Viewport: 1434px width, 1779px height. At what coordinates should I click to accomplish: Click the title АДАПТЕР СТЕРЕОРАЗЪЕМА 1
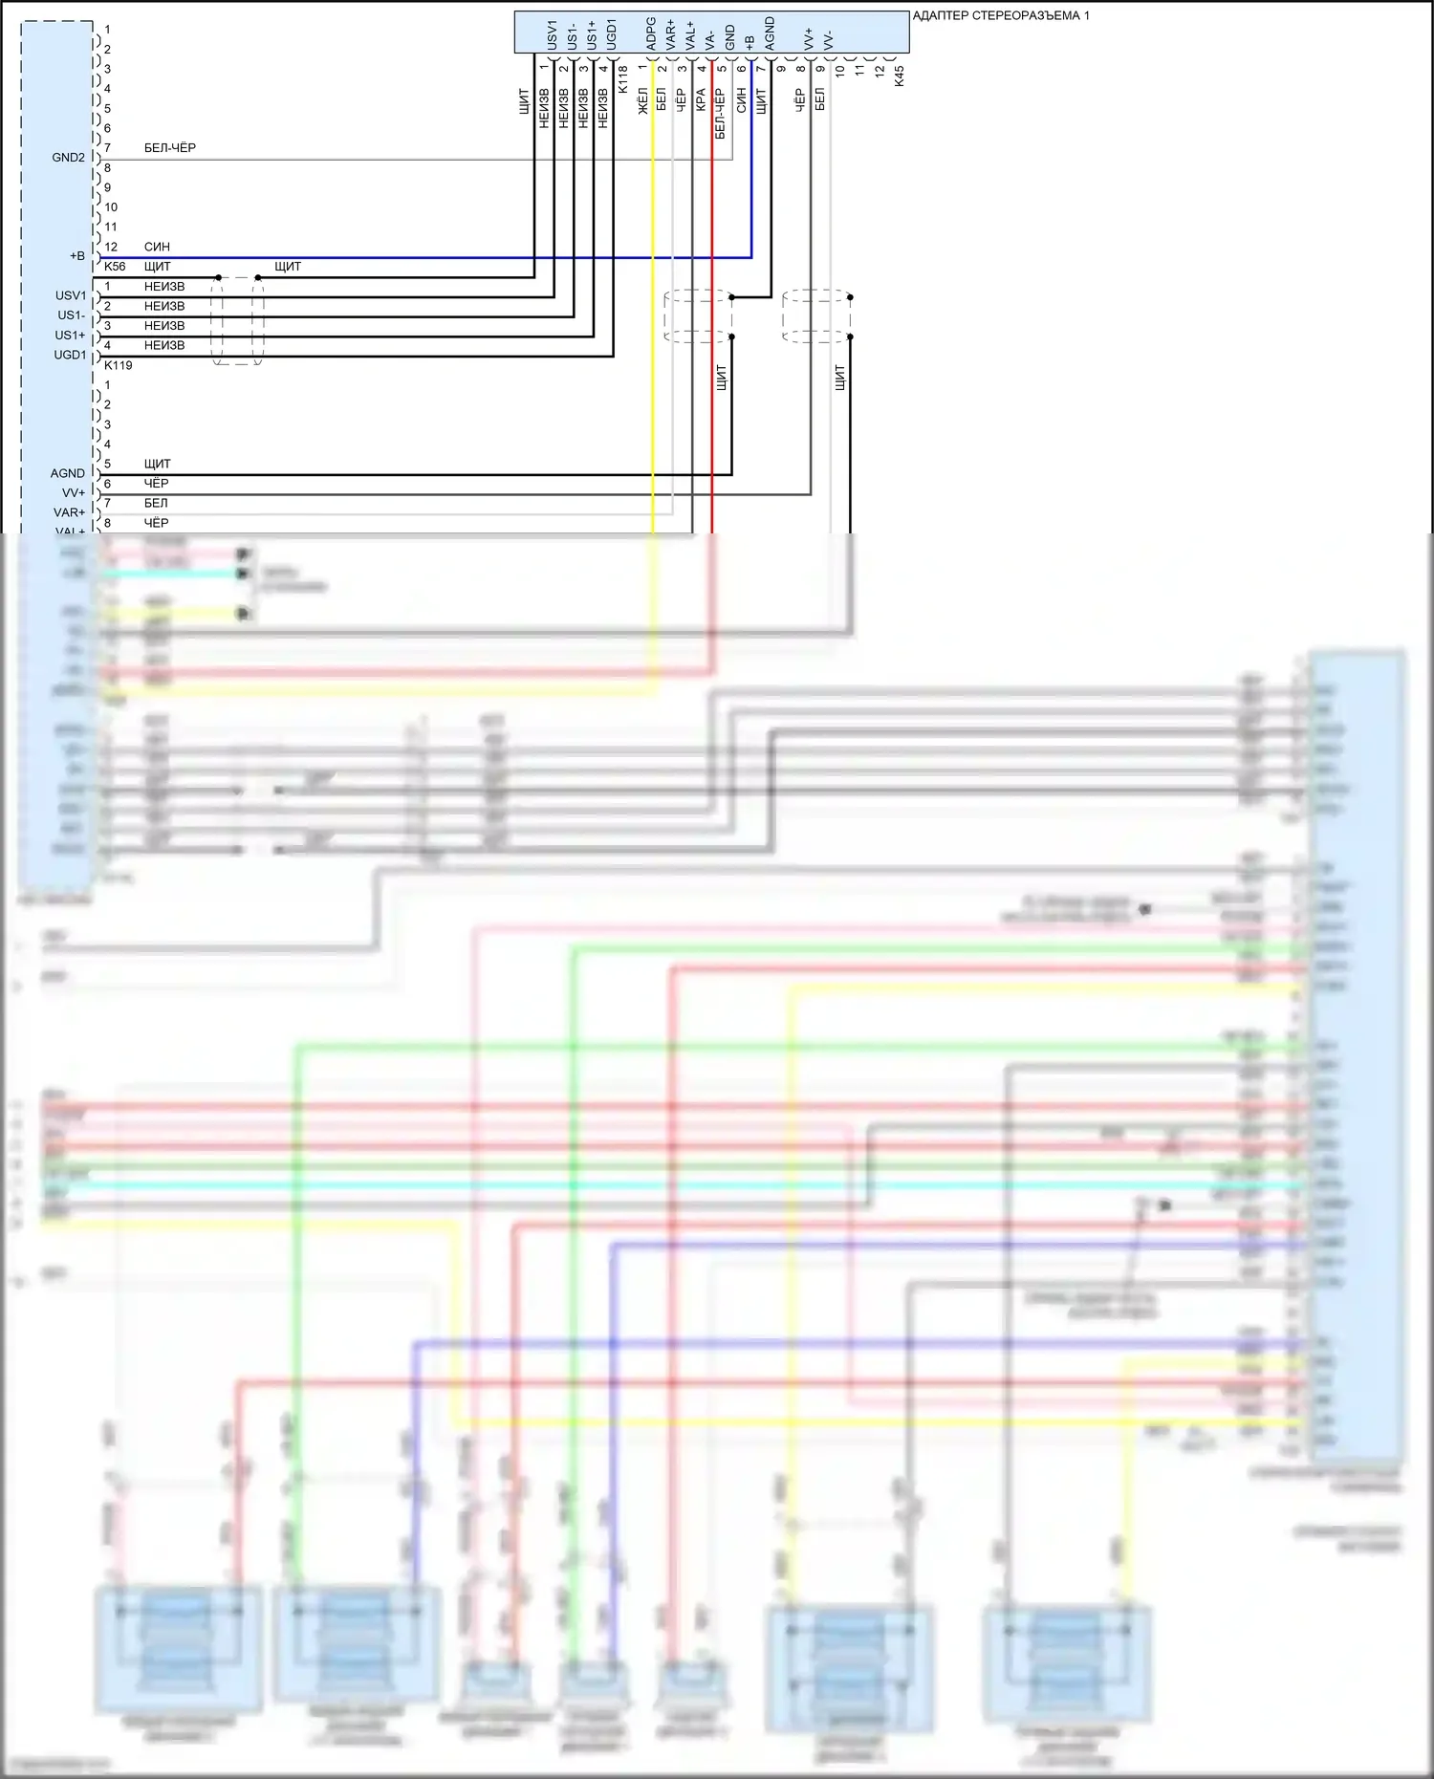(1000, 15)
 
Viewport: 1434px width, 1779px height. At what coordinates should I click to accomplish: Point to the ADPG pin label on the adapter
(651, 33)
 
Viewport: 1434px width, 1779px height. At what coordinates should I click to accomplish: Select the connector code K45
(899, 76)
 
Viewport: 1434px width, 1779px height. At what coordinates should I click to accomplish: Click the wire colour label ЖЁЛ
(642, 101)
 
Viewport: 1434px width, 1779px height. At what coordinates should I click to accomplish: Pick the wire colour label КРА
(701, 100)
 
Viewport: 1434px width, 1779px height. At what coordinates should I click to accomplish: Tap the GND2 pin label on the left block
(68, 158)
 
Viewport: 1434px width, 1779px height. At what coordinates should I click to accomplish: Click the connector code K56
(115, 267)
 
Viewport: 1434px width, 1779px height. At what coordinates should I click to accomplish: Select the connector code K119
(119, 365)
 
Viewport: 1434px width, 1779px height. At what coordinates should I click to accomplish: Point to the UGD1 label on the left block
(70, 355)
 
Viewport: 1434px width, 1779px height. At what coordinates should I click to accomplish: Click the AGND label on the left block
(67, 473)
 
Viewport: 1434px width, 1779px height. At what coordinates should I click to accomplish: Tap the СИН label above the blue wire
(157, 247)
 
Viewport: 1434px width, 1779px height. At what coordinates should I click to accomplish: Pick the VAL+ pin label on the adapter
(690, 35)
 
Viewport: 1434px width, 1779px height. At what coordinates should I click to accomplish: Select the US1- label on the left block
(71, 315)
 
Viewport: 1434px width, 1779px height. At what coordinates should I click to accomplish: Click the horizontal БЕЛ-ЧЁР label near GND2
(170, 148)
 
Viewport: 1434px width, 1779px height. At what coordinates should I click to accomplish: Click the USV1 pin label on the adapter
(552, 34)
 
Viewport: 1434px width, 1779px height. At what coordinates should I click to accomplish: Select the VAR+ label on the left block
(69, 512)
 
